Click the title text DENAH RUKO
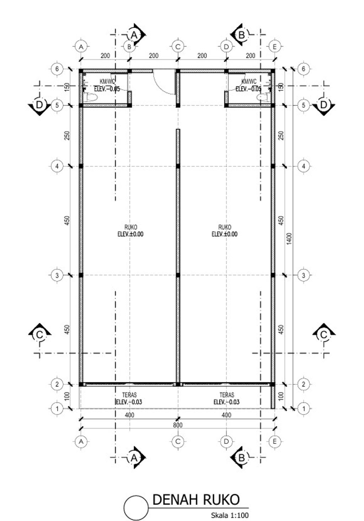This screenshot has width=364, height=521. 196,500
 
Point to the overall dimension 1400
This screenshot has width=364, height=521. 289,239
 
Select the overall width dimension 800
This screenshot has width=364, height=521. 178,425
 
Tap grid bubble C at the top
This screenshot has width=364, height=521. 178,47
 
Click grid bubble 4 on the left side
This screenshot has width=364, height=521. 57,166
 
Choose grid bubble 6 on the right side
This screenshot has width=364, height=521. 303,69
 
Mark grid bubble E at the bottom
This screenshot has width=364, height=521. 275,441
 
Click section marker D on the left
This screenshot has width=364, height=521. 39,106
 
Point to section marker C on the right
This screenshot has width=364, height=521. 324,335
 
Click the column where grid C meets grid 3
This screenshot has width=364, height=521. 178,275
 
